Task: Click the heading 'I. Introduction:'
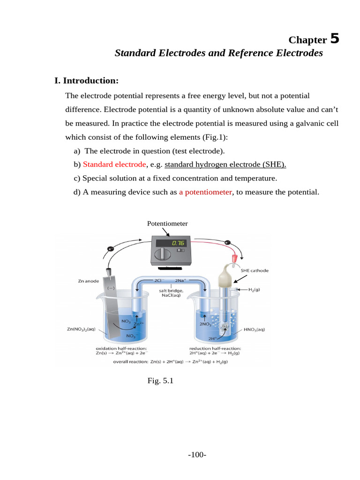point(86,81)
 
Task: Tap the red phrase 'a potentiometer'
point(205,192)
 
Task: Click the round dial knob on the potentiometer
point(163,254)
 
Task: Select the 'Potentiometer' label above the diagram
point(167,224)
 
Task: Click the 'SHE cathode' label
point(255,270)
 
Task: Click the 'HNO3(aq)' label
point(254,330)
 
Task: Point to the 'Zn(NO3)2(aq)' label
point(82,329)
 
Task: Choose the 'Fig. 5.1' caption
point(160,381)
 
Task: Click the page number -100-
point(197,455)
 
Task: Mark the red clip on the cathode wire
point(232,258)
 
